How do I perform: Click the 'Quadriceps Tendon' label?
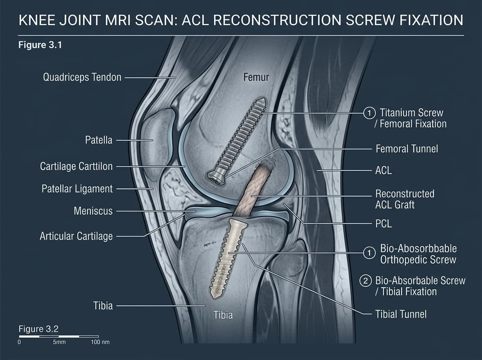82,77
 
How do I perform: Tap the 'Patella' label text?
98,140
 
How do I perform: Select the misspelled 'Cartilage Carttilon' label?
76,166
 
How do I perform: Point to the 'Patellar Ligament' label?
77,189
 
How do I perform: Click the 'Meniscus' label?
93,211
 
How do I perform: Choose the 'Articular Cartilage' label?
76,236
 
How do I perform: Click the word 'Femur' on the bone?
256,77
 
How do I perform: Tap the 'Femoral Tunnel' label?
406,149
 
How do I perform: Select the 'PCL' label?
384,224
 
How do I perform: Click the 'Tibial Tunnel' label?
401,314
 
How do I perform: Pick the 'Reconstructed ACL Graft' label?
405,199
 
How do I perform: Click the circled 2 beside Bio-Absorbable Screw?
366,281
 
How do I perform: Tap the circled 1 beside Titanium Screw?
369,113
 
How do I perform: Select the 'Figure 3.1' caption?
40,45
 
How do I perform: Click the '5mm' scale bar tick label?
59,342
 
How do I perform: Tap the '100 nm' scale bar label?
100,342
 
